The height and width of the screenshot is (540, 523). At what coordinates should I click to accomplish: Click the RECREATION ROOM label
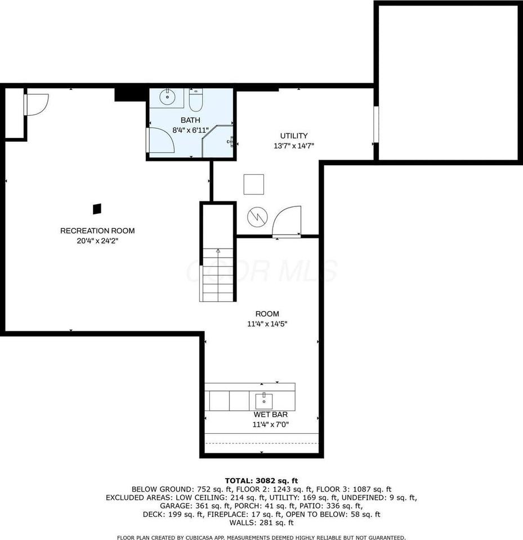point(97,231)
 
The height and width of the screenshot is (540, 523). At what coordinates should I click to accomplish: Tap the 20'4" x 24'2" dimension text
point(97,240)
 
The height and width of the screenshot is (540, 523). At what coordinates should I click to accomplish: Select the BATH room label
point(190,120)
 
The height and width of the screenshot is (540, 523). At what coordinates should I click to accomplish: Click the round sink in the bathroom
point(167,97)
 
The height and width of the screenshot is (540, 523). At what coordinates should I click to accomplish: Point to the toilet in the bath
point(195,100)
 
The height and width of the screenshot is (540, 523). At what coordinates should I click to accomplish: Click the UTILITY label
point(294,136)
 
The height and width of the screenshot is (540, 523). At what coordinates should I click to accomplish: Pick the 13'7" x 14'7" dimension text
point(294,146)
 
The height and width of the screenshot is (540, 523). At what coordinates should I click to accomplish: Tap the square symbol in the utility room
point(253,184)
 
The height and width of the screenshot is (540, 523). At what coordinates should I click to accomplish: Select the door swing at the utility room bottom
point(287,221)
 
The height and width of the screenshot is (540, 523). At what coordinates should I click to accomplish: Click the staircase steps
point(218,276)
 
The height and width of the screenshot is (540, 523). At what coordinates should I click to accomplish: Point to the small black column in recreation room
point(97,209)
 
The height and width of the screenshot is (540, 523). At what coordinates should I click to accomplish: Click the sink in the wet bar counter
point(264,401)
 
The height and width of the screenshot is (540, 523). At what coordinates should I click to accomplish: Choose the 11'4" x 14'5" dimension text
point(267,324)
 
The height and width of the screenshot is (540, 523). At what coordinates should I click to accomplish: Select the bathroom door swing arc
point(162,141)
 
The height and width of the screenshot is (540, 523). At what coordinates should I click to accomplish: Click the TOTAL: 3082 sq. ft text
point(261,480)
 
